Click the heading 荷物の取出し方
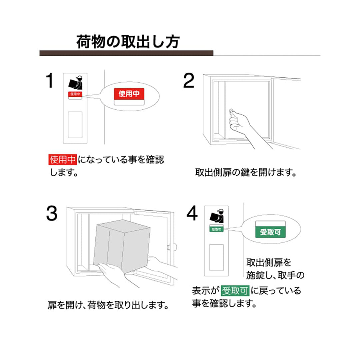[x=128, y=42]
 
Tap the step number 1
[x=50, y=80]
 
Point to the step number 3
[x=52, y=213]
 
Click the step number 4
[x=192, y=213]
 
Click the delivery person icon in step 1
[x=76, y=83]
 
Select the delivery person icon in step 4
[x=217, y=216]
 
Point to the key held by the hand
[x=231, y=112]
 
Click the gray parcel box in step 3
[x=122, y=246]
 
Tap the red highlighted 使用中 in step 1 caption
[x=62, y=160]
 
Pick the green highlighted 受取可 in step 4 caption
[x=235, y=291]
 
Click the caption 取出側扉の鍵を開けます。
[x=246, y=172]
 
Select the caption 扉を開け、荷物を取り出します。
[x=108, y=305]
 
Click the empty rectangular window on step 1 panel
[x=75, y=125]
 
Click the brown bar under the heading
[x=126, y=53]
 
